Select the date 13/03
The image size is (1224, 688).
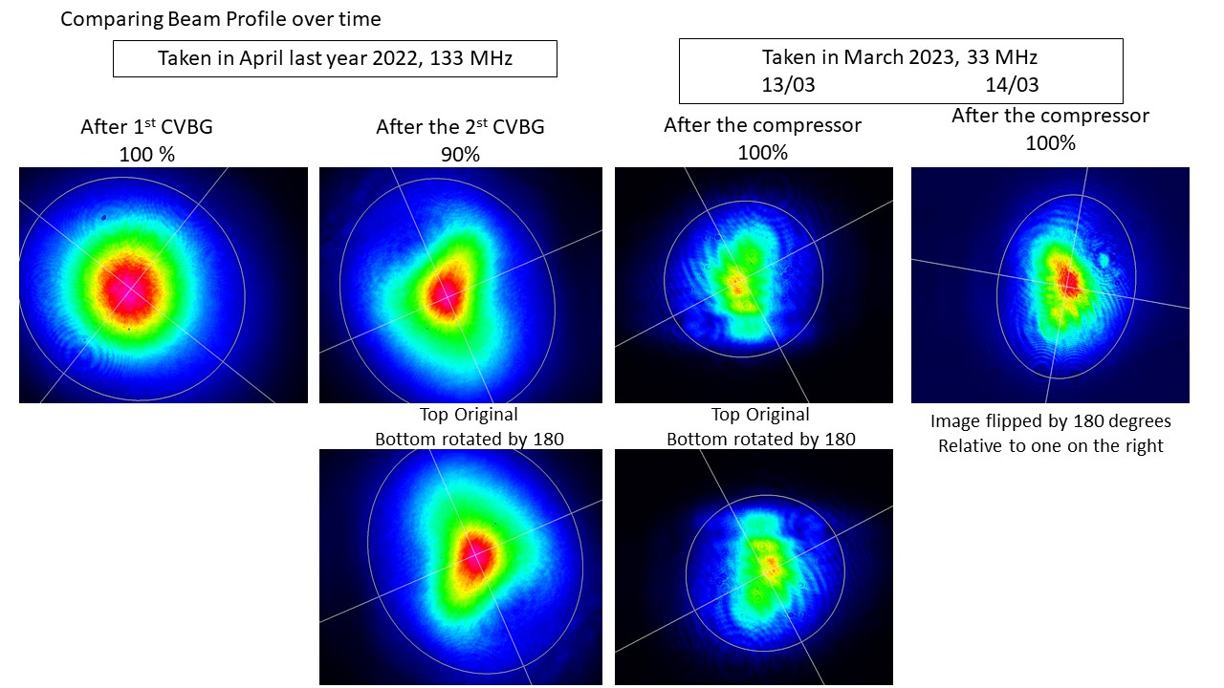(x=788, y=84)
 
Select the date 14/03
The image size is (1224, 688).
(x=1012, y=84)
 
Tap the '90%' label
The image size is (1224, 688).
(x=460, y=153)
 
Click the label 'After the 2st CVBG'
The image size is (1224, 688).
(x=460, y=127)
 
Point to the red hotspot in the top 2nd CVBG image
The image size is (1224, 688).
(x=443, y=291)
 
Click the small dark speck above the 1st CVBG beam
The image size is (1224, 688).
(x=104, y=218)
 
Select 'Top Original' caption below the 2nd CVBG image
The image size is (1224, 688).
(x=469, y=415)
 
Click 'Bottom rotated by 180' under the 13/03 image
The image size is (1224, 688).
(x=761, y=440)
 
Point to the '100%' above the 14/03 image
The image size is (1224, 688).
(x=1050, y=143)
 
